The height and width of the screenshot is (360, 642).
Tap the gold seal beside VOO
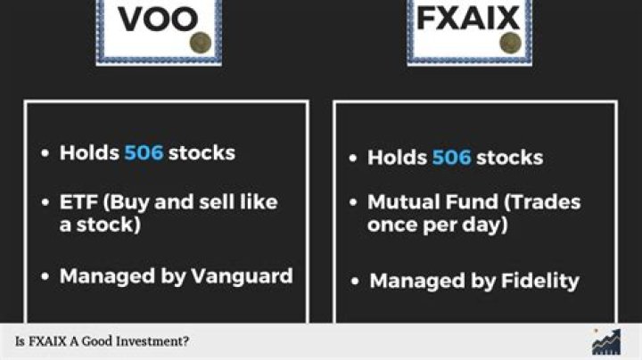[202, 41]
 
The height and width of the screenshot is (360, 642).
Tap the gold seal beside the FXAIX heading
[510, 42]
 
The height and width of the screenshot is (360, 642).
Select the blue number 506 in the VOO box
[144, 152]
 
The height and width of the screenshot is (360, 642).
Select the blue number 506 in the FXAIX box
[451, 158]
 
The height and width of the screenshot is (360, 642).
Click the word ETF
[79, 201]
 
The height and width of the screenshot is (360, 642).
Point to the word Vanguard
[242, 275]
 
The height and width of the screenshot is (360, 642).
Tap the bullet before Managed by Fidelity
[356, 282]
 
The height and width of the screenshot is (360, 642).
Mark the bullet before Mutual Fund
[354, 202]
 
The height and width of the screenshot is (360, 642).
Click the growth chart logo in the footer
[607, 340]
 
